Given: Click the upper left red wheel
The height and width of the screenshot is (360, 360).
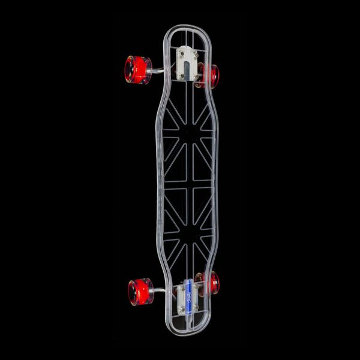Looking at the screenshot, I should click(137, 69).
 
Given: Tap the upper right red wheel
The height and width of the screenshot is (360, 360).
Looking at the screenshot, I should click(211, 76).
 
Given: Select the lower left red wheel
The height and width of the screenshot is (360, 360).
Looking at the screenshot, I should click(140, 291).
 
